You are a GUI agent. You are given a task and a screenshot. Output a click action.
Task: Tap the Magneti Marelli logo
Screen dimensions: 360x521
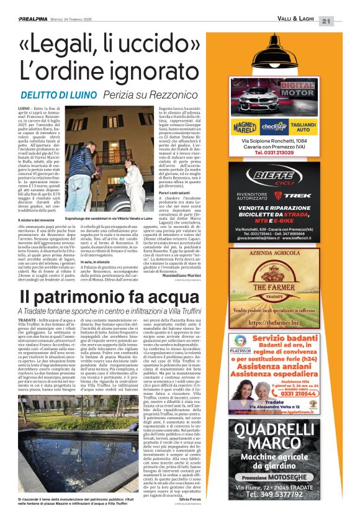[x=245, y=127]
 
